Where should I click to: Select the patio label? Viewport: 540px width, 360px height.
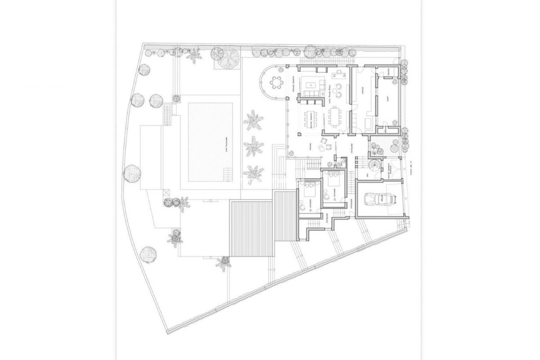[388, 99]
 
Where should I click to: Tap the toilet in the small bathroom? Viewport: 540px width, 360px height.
[341, 164]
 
